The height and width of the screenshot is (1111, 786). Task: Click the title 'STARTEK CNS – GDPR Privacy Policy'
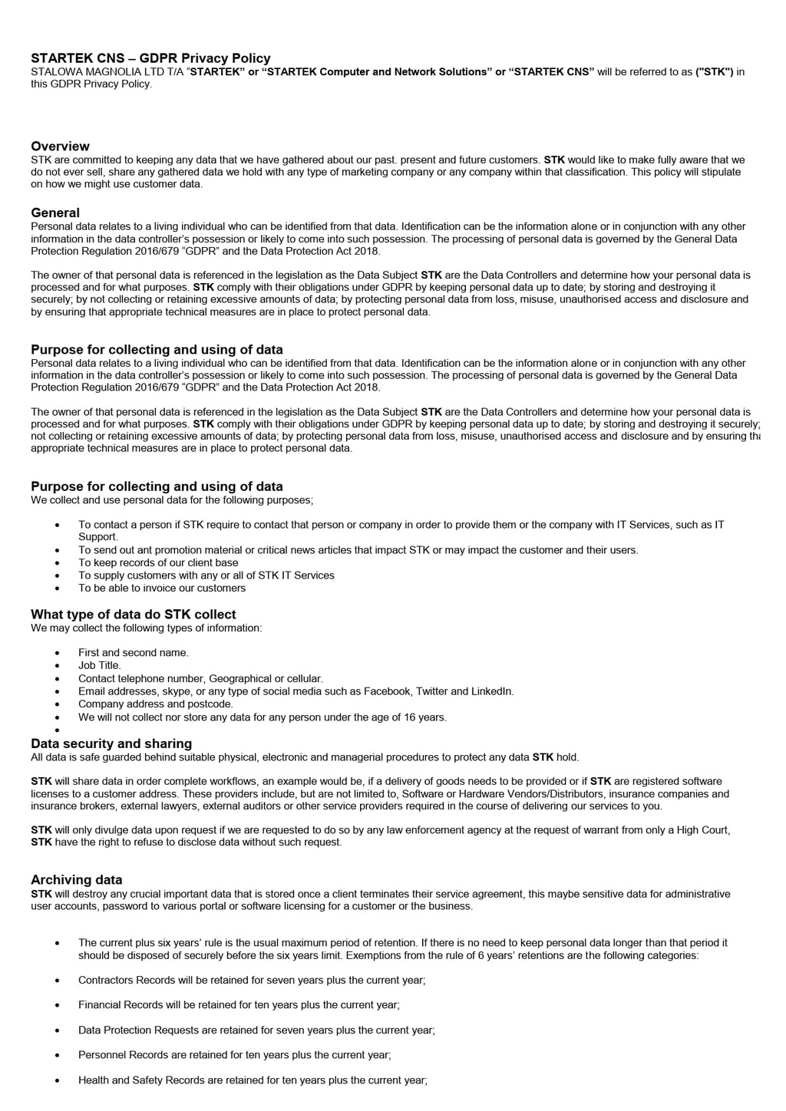(150, 58)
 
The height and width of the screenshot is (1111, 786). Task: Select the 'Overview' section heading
(60, 147)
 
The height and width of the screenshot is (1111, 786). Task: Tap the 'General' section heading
(55, 213)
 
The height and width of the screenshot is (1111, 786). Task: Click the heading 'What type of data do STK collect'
(133, 615)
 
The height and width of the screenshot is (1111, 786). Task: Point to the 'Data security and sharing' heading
(111, 743)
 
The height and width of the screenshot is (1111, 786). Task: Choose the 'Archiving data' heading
(77, 880)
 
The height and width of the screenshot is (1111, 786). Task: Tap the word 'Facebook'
(387, 691)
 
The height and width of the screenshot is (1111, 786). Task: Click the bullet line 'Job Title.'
(100, 665)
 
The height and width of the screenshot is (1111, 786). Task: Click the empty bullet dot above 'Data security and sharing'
(58, 730)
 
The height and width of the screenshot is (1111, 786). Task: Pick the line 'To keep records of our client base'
(158, 562)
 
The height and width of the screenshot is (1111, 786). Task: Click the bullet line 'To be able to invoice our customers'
(162, 588)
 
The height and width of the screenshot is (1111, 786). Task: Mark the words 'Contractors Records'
(125, 980)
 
